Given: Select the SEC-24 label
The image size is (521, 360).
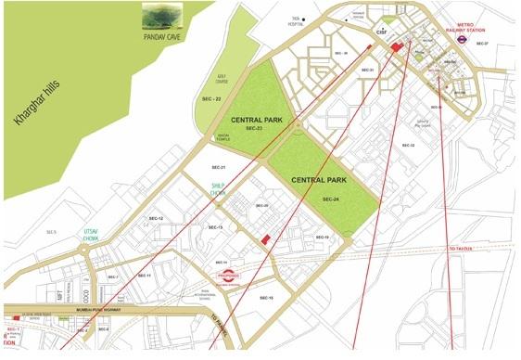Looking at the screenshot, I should pos(330,199).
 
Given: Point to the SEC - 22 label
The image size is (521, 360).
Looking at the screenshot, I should pos(211,98).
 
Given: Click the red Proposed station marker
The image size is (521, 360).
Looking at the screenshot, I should pos(228,276).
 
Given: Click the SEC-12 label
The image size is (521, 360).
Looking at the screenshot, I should pos(156,219).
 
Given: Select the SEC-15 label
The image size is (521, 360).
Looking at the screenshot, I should pos(267,298).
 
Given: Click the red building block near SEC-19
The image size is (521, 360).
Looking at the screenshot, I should pos(265,240).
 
